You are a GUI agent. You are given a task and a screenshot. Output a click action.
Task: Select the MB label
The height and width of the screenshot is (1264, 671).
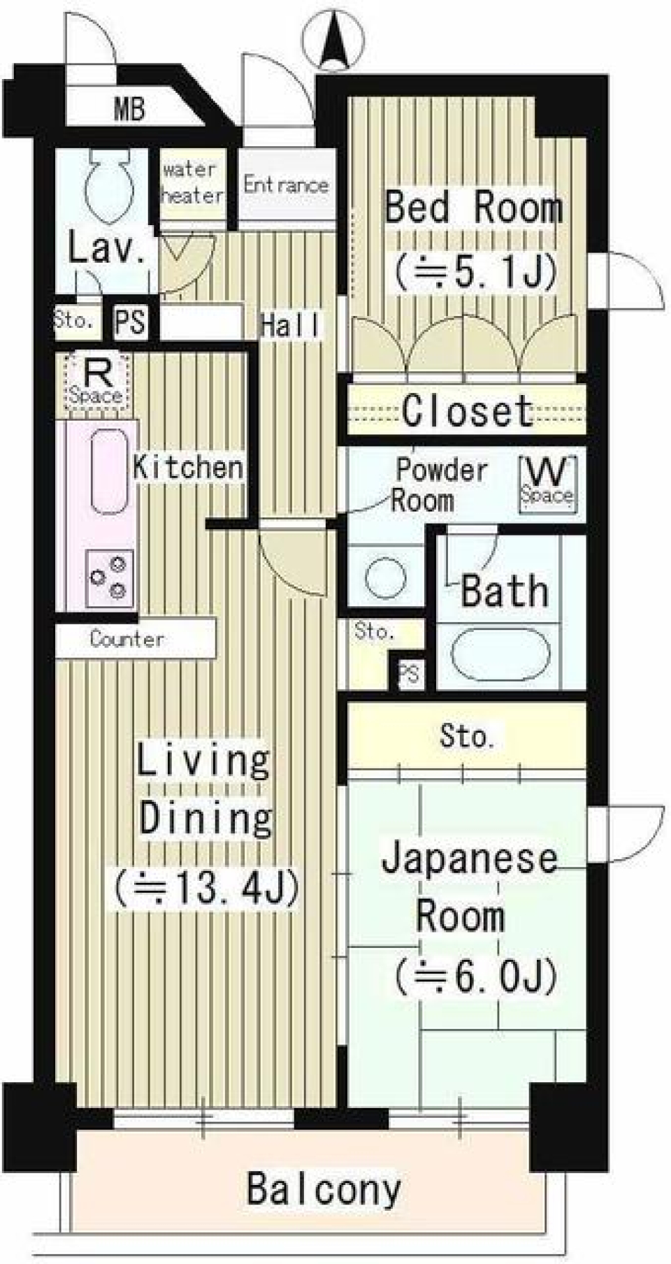pyautogui.click(x=129, y=110)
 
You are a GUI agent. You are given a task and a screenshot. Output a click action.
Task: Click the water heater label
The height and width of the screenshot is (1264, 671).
pyautogui.click(x=192, y=182)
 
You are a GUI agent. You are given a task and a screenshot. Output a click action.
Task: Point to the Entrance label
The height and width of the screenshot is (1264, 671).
pyautogui.click(x=286, y=185)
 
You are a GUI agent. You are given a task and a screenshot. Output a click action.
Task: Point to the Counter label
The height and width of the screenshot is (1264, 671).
pyautogui.click(x=127, y=639)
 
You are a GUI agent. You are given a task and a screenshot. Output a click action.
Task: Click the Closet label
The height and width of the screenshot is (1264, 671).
pyautogui.click(x=467, y=411)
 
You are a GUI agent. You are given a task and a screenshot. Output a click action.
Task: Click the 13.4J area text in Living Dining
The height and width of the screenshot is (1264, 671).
pyautogui.click(x=207, y=888)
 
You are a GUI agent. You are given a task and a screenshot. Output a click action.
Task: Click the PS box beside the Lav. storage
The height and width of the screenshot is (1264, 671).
pyautogui.click(x=131, y=322)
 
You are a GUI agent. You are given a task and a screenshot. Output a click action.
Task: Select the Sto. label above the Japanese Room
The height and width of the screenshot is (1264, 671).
pyautogui.click(x=467, y=737)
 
